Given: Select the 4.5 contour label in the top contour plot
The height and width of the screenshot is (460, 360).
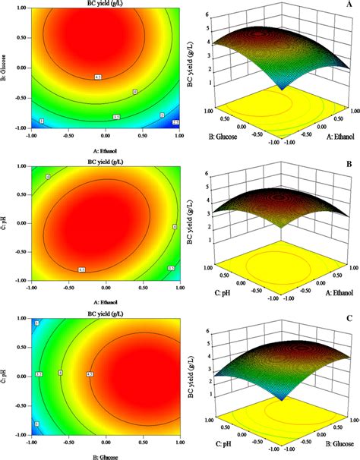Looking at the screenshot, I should click(98, 77).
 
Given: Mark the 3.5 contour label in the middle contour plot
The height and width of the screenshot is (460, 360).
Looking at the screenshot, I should click(171, 269).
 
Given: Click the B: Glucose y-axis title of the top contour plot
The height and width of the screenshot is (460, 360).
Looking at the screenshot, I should click(5, 71).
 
